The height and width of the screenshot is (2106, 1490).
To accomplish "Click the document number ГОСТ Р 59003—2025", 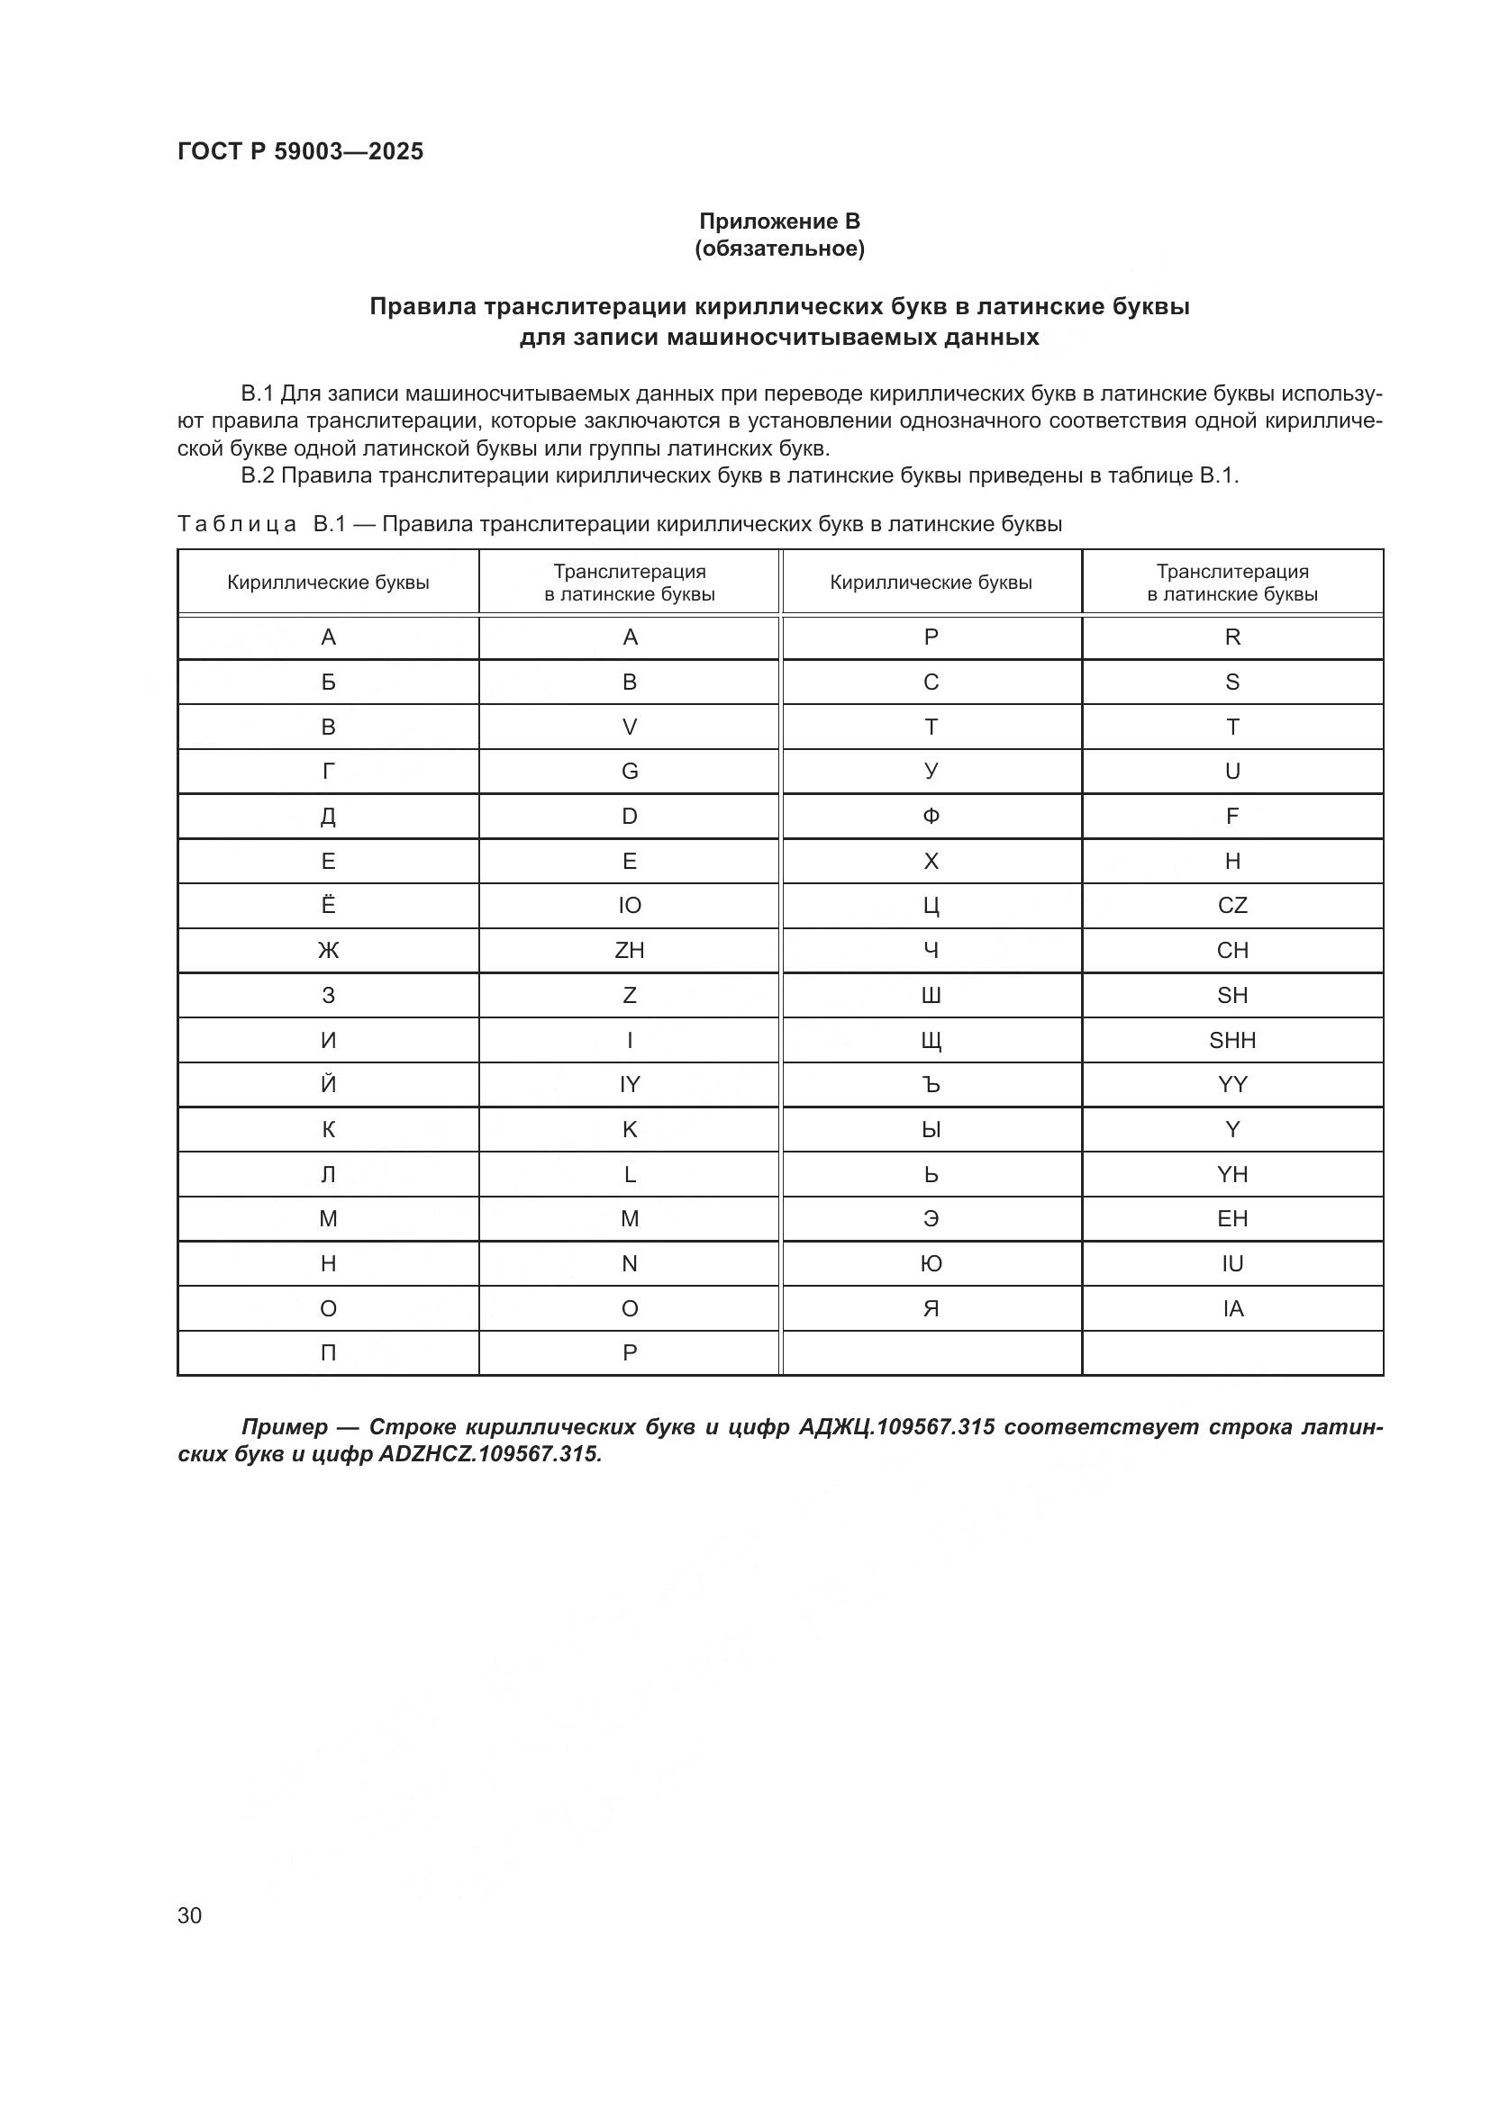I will click(x=300, y=151).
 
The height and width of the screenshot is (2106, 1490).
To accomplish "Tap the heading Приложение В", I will click(x=779, y=221).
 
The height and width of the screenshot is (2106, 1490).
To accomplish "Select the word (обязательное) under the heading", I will click(x=779, y=249).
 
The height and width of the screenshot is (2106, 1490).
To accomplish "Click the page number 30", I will click(x=190, y=1915).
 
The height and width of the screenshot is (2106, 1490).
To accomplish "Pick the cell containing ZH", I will click(x=630, y=950).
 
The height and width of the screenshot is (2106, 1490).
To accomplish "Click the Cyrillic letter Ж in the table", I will click(x=329, y=950).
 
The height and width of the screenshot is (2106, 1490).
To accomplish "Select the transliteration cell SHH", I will click(x=1232, y=1040).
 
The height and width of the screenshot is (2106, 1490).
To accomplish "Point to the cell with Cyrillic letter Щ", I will click(x=931, y=1040).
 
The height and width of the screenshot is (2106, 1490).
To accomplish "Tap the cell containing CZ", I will click(x=1232, y=905).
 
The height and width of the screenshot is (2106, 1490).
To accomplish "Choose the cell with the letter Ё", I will click(x=329, y=905).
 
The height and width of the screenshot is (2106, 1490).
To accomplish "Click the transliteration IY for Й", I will click(x=630, y=1085).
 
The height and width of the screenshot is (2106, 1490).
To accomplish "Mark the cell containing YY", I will click(x=1232, y=1085).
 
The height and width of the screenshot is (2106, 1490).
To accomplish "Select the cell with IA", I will click(x=1232, y=1309).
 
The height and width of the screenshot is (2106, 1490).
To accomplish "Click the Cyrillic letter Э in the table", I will click(x=931, y=1219).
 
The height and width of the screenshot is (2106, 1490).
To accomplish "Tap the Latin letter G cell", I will click(x=630, y=772).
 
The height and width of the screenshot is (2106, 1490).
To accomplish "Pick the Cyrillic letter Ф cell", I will click(x=931, y=817).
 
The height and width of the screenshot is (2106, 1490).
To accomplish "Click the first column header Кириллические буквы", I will click(x=329, y=583).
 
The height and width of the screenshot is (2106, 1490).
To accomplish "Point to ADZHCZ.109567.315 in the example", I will click(x=489, y=1455).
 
